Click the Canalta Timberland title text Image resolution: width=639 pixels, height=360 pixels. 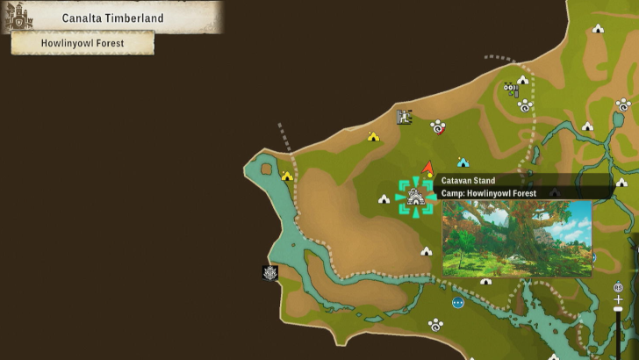[x=108, y=18]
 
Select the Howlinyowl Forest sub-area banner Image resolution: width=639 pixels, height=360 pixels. [x=83, y=42]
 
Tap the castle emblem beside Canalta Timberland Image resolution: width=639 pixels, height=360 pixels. [x=19, y=18]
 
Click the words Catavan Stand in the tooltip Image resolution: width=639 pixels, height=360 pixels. [x=468, y=181]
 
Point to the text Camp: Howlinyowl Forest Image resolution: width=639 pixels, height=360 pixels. [x=488, y=193]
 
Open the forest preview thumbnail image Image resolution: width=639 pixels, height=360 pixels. [x=516, y=238]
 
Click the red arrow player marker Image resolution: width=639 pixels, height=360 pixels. [x=427, y=167]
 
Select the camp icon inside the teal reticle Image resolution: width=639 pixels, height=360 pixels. [x=415, y=198]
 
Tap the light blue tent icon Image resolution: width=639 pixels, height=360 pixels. [x=463, y=162]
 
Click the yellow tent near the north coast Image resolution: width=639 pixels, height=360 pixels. [x=373, y=136]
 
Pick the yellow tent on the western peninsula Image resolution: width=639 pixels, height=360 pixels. [x=287, y=176]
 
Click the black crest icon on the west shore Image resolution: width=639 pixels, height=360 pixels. [x=270, y=273]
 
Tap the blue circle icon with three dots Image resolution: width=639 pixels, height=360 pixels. [x=457, y=303]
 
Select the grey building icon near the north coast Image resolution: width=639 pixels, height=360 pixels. [x=404, y=116]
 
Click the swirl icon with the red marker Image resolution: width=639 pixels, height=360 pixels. [x=437, y=128]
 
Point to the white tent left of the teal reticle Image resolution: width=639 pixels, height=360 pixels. [x=384, y=199]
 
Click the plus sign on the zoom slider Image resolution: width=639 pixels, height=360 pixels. [x=618, y=299]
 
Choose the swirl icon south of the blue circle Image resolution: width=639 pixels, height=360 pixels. [x=435, y=325]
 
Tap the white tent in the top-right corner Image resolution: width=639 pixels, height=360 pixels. [x=598, y=29]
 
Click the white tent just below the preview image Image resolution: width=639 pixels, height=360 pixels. [x=485, y=282]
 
